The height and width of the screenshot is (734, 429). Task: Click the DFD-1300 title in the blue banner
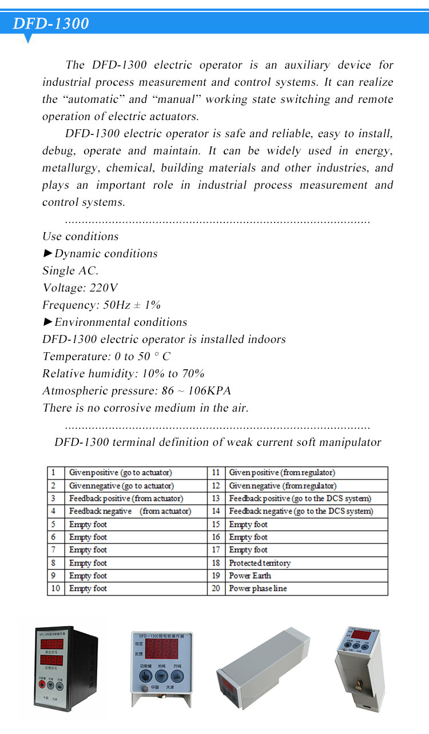(x=51, y=23)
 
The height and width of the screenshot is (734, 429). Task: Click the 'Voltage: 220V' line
(x=80, y=288)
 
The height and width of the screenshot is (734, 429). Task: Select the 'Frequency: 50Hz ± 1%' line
(x=101, y=305)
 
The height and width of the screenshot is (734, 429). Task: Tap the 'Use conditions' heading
(x=81, y=237)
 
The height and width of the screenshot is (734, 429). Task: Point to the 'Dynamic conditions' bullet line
(x=101, y=254)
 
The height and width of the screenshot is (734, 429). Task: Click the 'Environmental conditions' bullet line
(x=115, y=322)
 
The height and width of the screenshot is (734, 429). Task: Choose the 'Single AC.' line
(x=70, y=271)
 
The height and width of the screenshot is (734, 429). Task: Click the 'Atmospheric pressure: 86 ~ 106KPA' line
(x=137, y=391)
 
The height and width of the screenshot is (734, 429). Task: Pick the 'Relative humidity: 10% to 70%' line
(x=124, y=374)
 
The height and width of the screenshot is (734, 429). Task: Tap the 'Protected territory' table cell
(x=260, y=563)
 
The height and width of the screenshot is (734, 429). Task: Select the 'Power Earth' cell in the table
(x=250, y=576)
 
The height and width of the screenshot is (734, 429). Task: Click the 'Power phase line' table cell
(x=258, y=588)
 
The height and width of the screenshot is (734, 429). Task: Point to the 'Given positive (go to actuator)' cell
(x=120, y=473)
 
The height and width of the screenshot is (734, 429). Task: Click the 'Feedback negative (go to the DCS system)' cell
(x=301, y=511)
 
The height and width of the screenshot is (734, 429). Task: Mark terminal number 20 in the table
(x=216, y=588)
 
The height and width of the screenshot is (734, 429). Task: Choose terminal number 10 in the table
(x=55, y=588)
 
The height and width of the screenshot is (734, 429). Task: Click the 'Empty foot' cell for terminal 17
(x=248, y=550)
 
